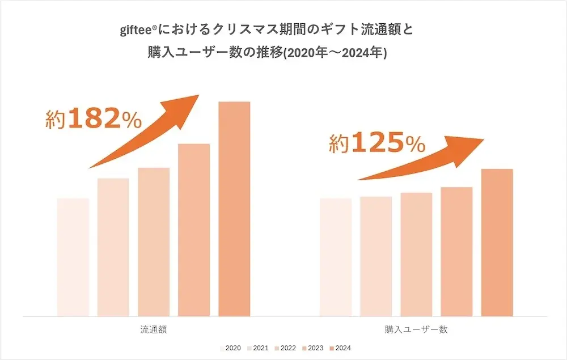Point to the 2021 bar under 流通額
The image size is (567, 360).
pos(113,247)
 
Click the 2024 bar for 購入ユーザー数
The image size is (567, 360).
pos(497,242)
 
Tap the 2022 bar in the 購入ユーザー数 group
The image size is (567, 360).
pos(416,254)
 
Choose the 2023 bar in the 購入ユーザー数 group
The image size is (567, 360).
pos(456,251)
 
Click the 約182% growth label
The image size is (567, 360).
pos(94,120)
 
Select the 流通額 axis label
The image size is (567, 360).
pos(154,329)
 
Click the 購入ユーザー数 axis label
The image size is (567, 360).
pos(416,329)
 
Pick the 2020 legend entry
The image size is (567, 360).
pos(230,348)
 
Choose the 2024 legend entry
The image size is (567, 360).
pos(340,348)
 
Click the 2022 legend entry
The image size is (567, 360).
pos(285,348)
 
